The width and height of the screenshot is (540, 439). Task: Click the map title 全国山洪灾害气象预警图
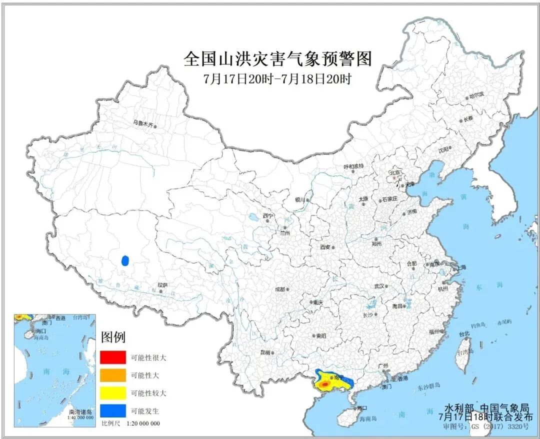click(277, 58)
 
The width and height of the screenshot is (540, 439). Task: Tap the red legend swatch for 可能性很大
click(112, 357)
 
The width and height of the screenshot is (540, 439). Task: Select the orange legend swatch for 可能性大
click(112, 375)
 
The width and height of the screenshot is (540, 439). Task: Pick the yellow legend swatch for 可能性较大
click(112, 393)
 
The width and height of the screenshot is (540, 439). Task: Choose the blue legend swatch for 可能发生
click(112, 411)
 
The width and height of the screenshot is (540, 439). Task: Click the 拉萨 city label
click(162, 285)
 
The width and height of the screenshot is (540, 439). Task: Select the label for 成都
click(279, 289)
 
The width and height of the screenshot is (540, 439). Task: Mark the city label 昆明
click(265, 352)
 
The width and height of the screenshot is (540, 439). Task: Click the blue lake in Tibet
click(125, 260)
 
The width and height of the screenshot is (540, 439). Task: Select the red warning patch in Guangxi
click(324, 384)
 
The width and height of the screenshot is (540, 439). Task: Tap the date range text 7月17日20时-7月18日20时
click(277, 79)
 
